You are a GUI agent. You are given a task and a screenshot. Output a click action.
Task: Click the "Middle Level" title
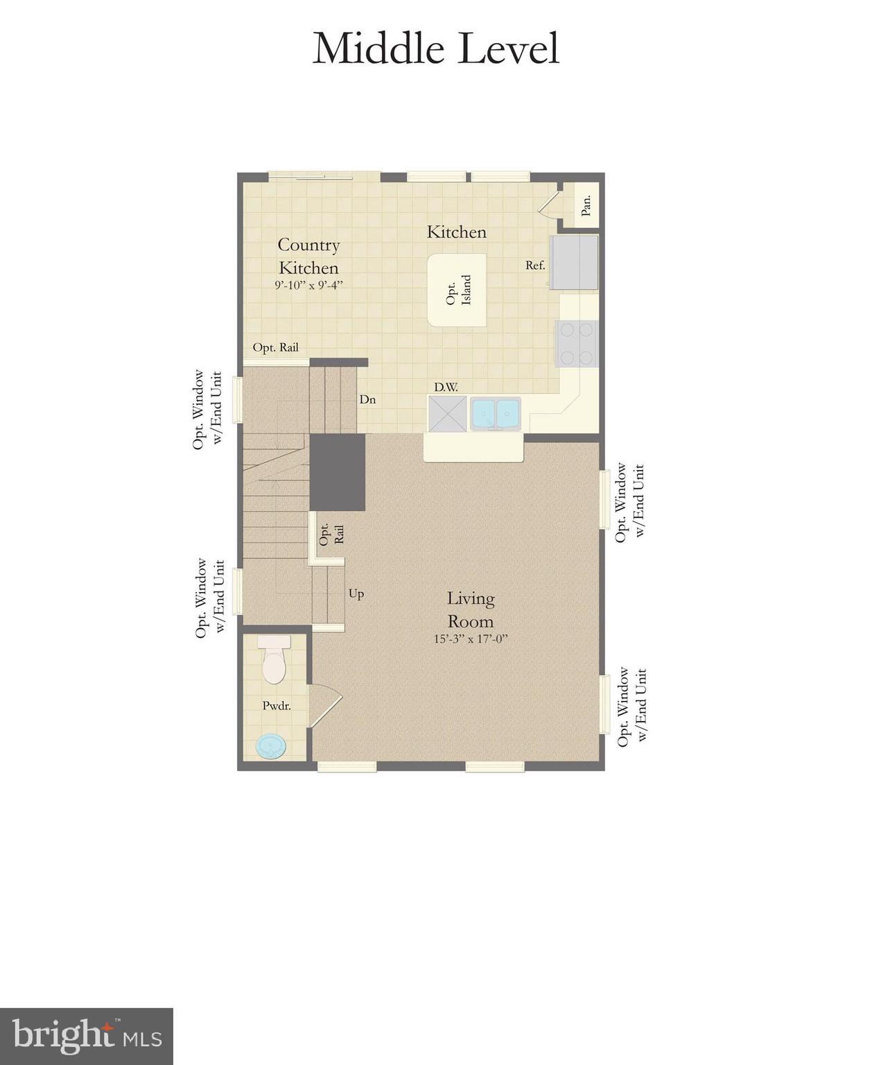(435, 49)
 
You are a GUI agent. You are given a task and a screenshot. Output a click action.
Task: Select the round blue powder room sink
(270, 747)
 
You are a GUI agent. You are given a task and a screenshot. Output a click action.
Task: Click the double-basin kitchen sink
(495, 414)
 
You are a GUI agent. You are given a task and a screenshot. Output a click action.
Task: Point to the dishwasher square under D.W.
(448, 414)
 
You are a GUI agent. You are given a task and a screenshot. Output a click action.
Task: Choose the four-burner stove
(576, 344)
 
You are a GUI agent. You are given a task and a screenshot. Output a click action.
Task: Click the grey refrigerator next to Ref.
(574, 261)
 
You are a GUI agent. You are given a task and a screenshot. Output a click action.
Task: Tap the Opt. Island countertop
(457, 290)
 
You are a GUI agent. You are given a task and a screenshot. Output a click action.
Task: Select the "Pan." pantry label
(586, 205)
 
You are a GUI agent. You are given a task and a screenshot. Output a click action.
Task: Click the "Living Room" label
(471, 609)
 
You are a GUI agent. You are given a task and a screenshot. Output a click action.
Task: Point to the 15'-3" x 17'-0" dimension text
(471, 639)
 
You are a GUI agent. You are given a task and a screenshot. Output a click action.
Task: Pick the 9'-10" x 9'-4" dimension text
(308, 285)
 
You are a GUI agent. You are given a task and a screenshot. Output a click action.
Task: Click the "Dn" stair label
(367, 399)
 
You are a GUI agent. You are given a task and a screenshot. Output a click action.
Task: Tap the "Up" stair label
(356, 594)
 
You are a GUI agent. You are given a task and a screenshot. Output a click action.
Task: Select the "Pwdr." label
(276, 706)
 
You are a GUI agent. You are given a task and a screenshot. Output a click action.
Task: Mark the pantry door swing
(550, 205)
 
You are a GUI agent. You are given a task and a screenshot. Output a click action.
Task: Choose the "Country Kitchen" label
(308, 256)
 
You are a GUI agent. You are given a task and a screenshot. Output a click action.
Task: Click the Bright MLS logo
(87, 1037)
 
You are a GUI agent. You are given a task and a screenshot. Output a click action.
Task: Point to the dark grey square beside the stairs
(337, 472)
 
